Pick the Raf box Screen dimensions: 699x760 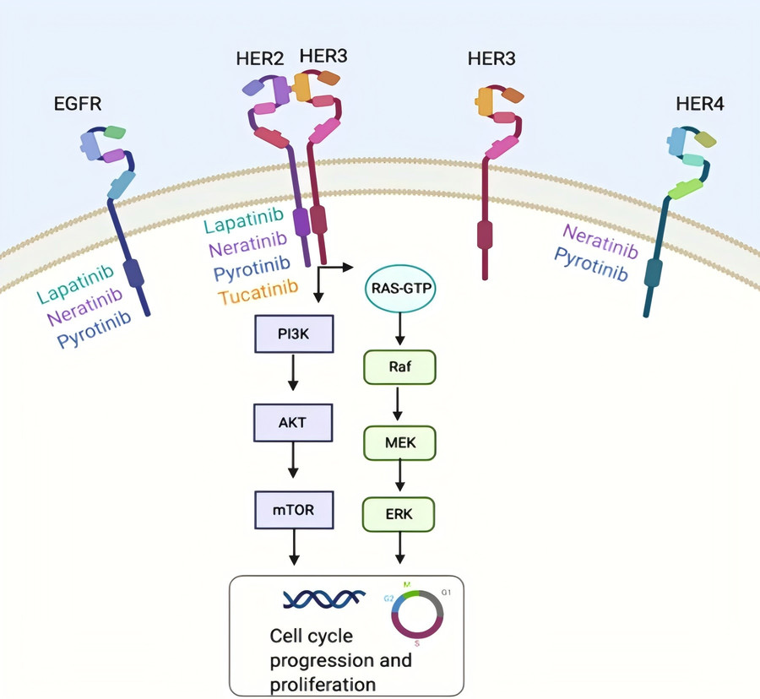[399, 368]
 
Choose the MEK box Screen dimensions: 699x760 [399, 442]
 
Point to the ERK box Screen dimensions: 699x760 [399, 512]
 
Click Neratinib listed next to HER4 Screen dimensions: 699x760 [600, 234]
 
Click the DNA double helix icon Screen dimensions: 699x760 [323, 599]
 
